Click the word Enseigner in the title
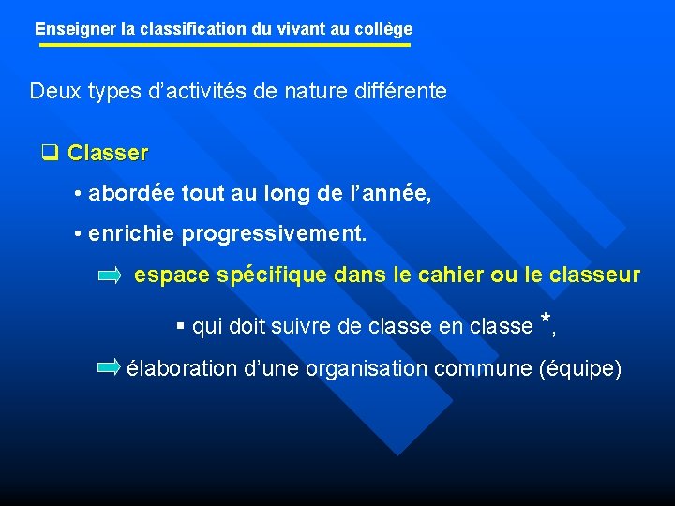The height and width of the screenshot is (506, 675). [x=76, y=29]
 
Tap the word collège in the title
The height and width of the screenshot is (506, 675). [x=383, y=29]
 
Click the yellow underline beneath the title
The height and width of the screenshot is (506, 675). [x=223, y=45]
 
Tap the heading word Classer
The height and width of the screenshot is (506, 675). [x=108, y=152]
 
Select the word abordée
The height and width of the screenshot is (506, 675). [x=131, y=193]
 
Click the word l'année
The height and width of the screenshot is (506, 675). [x=389, y=193]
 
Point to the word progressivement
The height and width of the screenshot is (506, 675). [x=274, y=234]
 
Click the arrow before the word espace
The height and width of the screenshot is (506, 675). [x=111, y=275]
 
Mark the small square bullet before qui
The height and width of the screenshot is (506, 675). [x=181, y=327]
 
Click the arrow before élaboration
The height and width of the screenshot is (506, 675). [x=110, y=367]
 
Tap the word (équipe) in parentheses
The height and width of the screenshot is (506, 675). [x=581, y=368]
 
